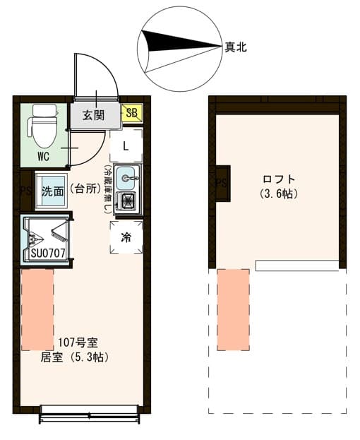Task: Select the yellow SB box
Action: pos(132,113)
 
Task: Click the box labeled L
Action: pos(126,146)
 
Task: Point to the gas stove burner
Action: pos(128,201)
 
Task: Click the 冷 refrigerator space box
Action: pos(126,237)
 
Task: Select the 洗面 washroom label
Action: pos(52,191)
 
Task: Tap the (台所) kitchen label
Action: pos(85,189)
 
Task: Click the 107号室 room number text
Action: pos(73,344)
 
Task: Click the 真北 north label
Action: pos(235,47)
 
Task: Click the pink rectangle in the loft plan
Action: pos(233,309)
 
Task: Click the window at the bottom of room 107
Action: pos(90,415)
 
